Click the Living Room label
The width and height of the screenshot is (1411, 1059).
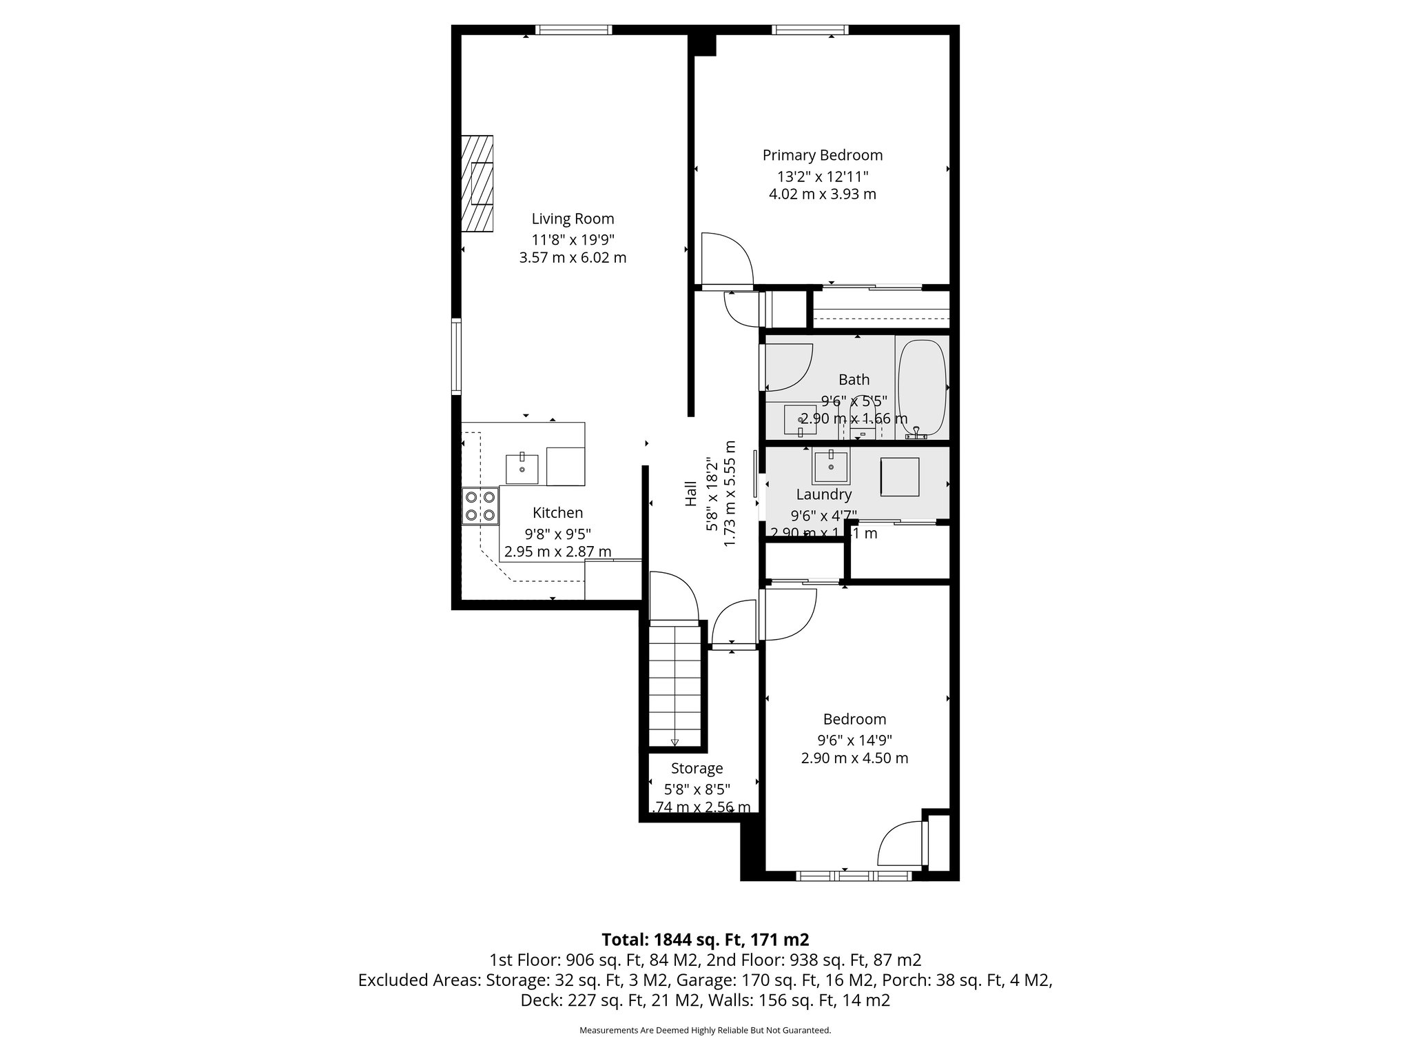[x=573, y=219]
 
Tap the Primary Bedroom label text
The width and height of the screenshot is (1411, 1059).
[x=822, y=155]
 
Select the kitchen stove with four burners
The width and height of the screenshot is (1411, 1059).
[x=480, y=506]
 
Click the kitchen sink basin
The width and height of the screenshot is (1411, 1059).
[x=522, y=468]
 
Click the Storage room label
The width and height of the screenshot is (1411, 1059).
[x=697, y=768]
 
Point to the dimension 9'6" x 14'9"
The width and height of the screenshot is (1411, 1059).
[x=854, y=740]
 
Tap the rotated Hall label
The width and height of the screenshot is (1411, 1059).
[x=691, y=494]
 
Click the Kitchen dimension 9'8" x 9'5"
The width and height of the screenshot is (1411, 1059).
[x=557, y=533]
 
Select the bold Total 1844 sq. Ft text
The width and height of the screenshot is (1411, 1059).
[x=705, y=939]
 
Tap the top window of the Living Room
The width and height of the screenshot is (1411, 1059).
[x=573, y=30]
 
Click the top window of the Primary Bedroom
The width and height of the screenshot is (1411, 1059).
[x=810, y=30]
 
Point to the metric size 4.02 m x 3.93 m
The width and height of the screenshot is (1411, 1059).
[x=822, y=194]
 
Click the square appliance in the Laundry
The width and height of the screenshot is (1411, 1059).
[x=899, y=477]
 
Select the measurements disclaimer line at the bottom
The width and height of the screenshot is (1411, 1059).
[x=705, y=1030]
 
